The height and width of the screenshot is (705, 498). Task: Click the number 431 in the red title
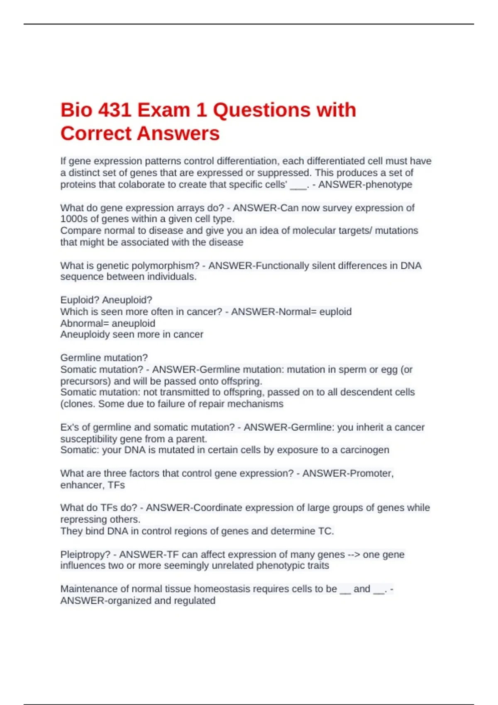tap(114, 110)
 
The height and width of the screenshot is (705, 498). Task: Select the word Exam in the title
tap(164, 110)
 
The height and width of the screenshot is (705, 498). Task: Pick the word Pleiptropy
tap(85, 555)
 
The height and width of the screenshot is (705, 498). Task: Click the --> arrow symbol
tap(354, 555)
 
